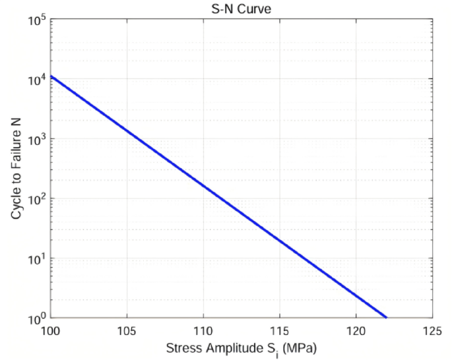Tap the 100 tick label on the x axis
click(x=51, y=330)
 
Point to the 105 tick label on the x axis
click(x=127, y=330)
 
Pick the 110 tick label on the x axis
click(x=203, y=330)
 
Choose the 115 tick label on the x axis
click(x=280, y=330)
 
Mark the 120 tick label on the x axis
click(x=356, y=330)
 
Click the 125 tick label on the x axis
click(x=432, y=330)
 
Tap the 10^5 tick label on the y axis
click(x=36, y=20)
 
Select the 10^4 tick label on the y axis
click(x=36, y=80)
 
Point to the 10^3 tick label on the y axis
click(x=36, y=139)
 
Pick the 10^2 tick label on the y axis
click(x=36, y=199)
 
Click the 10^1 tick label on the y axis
click(x=36, y=259)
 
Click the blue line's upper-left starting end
click(x=51, y=76)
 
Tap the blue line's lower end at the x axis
click(x=386, y=318)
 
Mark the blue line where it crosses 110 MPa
click(x=203, y=187)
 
